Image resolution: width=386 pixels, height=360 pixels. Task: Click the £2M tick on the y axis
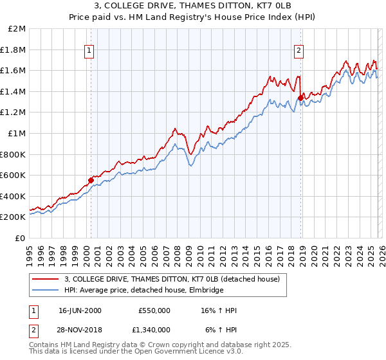pos(17,29)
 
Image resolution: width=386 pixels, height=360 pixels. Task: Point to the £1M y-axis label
pos(17,133)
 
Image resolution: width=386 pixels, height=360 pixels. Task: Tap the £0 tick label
pos(20,238)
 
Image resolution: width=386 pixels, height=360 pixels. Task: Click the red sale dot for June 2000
pos(91,180)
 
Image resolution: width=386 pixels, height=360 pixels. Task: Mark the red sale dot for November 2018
pos(300,98)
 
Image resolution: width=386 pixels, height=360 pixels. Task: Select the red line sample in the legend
pos(46,280)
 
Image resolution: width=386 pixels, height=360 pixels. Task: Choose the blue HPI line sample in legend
pos(46,291)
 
